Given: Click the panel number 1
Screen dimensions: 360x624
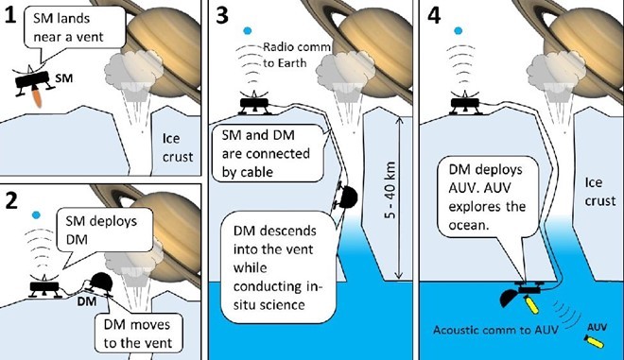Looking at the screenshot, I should (x=11, y=15).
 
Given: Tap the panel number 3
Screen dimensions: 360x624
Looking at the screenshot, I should (x=221, y=16).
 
